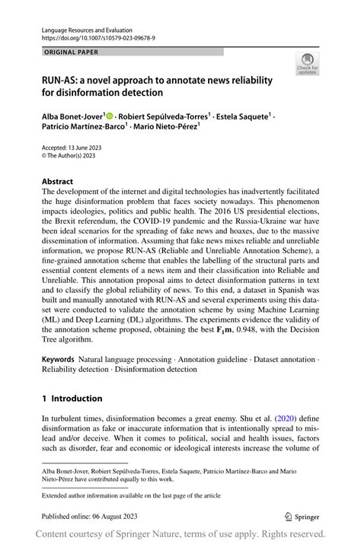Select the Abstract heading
click(58, 182)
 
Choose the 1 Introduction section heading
click(72, 399)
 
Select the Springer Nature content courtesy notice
click(180, 534)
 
